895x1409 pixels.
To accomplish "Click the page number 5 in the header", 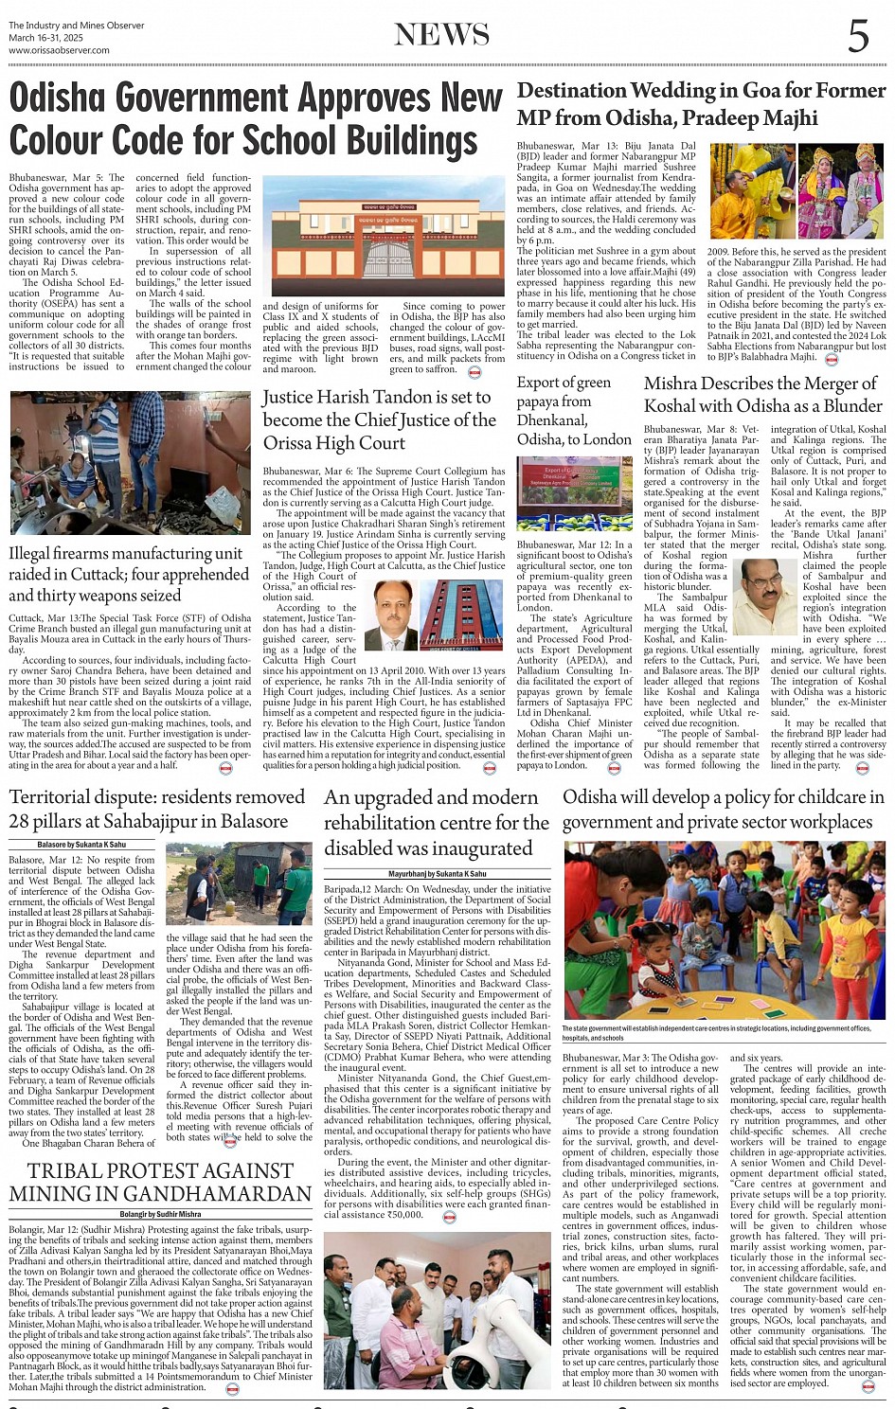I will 858,36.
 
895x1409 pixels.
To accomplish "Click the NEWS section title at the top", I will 442,35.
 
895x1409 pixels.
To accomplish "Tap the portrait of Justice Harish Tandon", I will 390,615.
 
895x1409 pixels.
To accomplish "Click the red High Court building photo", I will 462,615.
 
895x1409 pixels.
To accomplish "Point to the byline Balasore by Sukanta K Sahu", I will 81,844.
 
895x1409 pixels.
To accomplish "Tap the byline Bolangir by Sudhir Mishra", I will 160,1214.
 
